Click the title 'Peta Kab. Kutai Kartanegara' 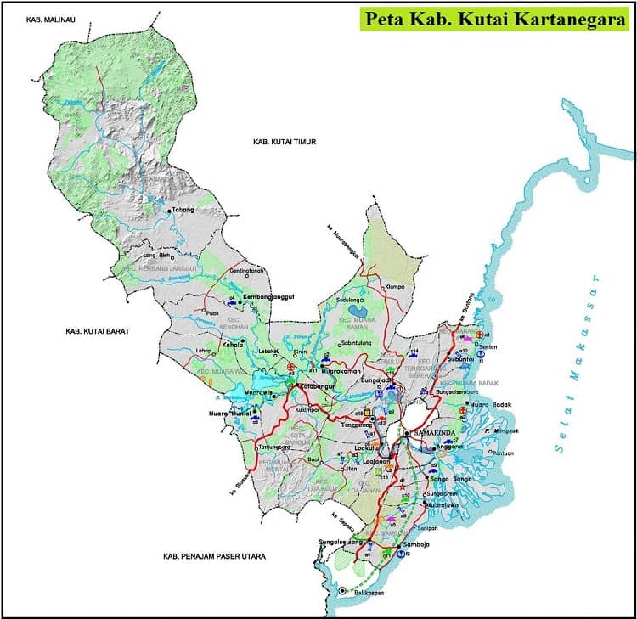point(496,20)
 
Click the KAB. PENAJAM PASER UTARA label point(215,556)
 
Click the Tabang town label point(184,210)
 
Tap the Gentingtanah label point(247,271)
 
